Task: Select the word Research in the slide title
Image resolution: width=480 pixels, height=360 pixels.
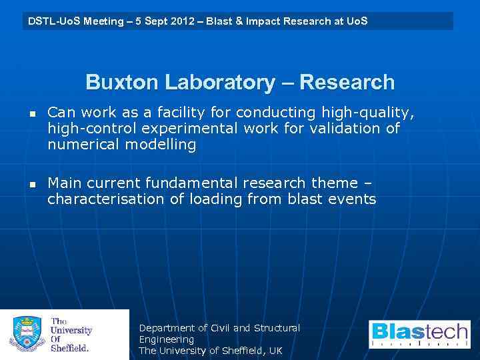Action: click(347, 83)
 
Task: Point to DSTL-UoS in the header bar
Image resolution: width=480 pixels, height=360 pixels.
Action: click(51, 21)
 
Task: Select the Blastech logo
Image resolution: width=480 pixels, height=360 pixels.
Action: click(419, 334)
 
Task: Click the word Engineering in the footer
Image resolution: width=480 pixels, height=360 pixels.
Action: click(166, 339)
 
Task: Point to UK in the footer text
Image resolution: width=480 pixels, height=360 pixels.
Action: click(275, 351)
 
